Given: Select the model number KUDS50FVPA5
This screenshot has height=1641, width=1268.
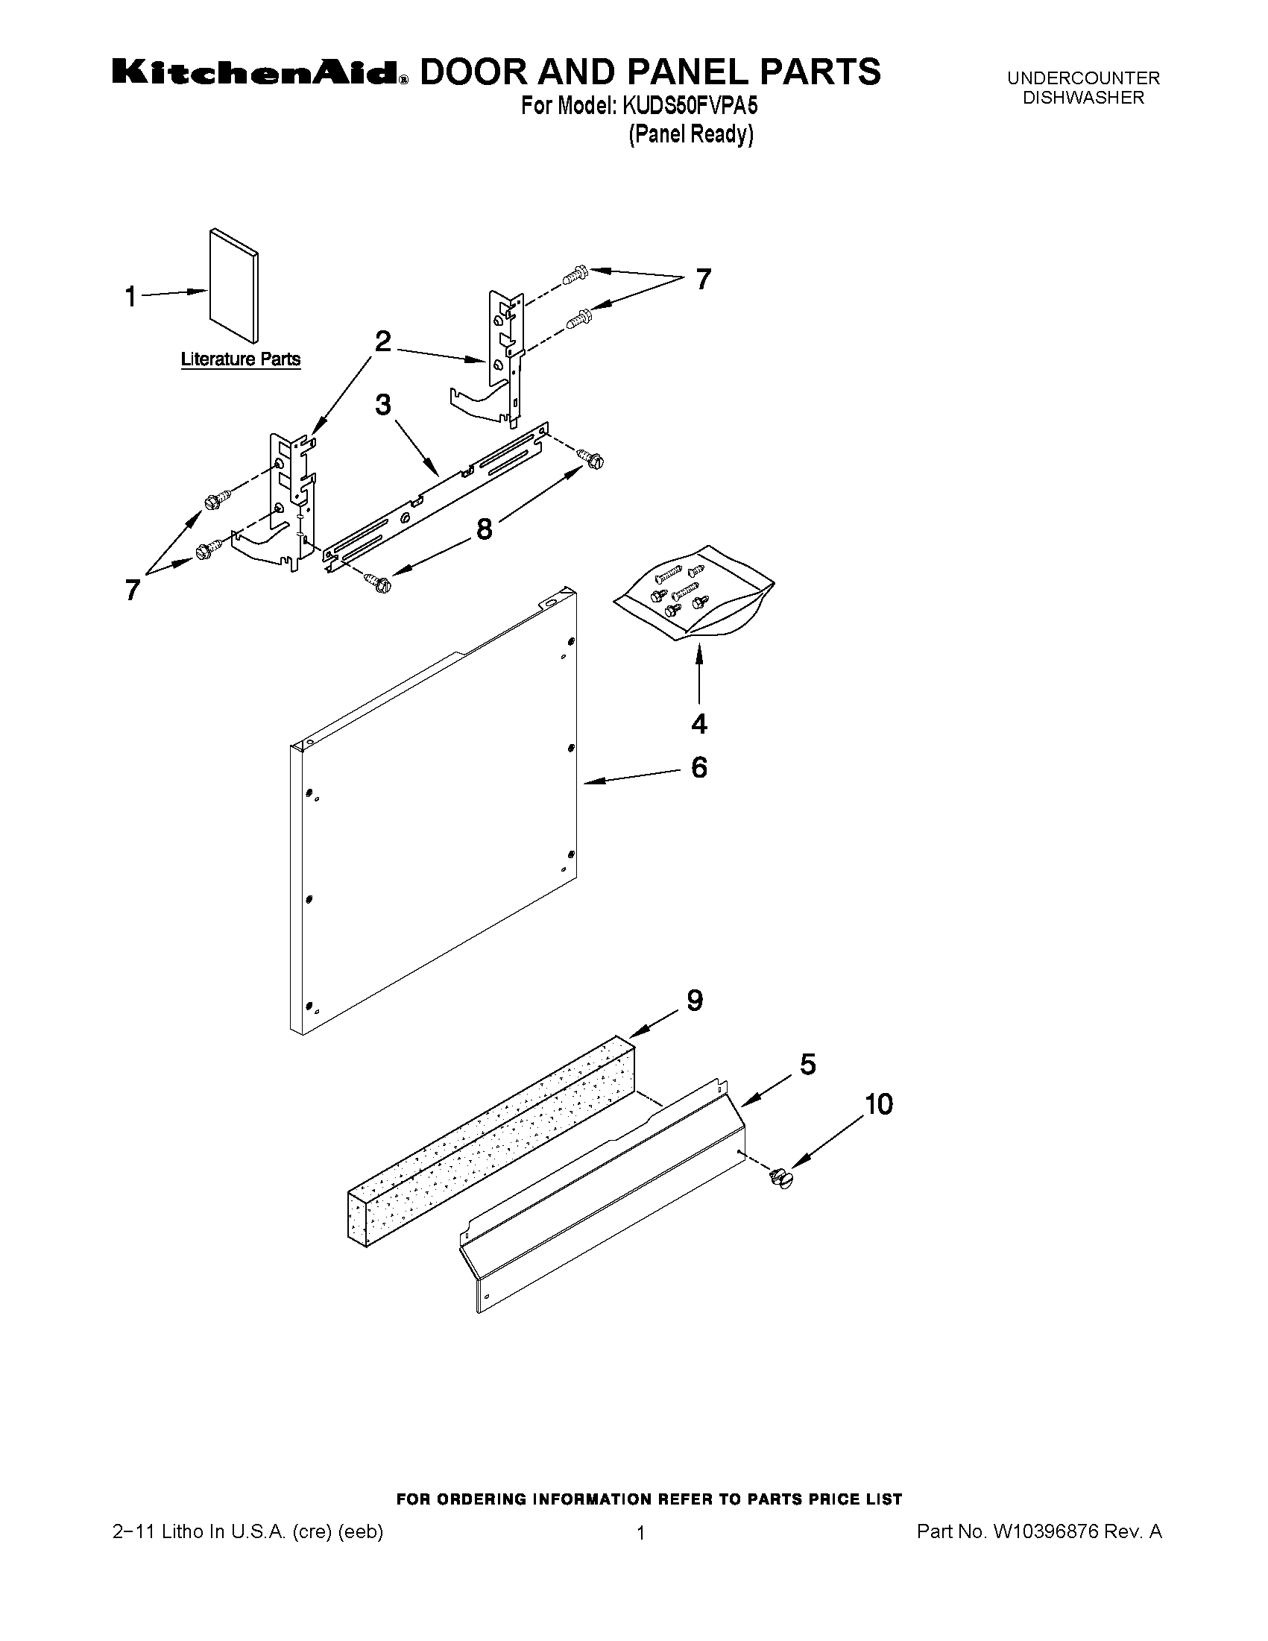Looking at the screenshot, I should [689, 106].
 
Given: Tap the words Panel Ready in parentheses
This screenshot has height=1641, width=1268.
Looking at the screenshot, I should [690, 135].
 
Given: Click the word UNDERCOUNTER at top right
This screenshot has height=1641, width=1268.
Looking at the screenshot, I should [1083, 78].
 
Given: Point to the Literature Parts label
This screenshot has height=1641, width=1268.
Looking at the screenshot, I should [240, 360].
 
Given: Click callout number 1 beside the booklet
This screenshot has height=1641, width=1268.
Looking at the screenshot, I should [130, 297].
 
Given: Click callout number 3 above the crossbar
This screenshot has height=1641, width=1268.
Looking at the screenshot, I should [383, 406].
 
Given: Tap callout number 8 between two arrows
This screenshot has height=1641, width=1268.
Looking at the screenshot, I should [485, 529].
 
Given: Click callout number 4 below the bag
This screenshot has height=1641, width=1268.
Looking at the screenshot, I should [698, 725].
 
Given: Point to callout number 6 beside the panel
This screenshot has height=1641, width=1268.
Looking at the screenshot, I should [698, 768].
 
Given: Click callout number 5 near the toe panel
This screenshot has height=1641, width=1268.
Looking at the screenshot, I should [807, 1065].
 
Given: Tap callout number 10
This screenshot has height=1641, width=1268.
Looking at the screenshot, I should [878, 1104].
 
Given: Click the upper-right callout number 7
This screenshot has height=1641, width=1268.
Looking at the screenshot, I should [702, 280].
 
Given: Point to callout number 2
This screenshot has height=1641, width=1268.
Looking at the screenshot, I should [383, 343].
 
